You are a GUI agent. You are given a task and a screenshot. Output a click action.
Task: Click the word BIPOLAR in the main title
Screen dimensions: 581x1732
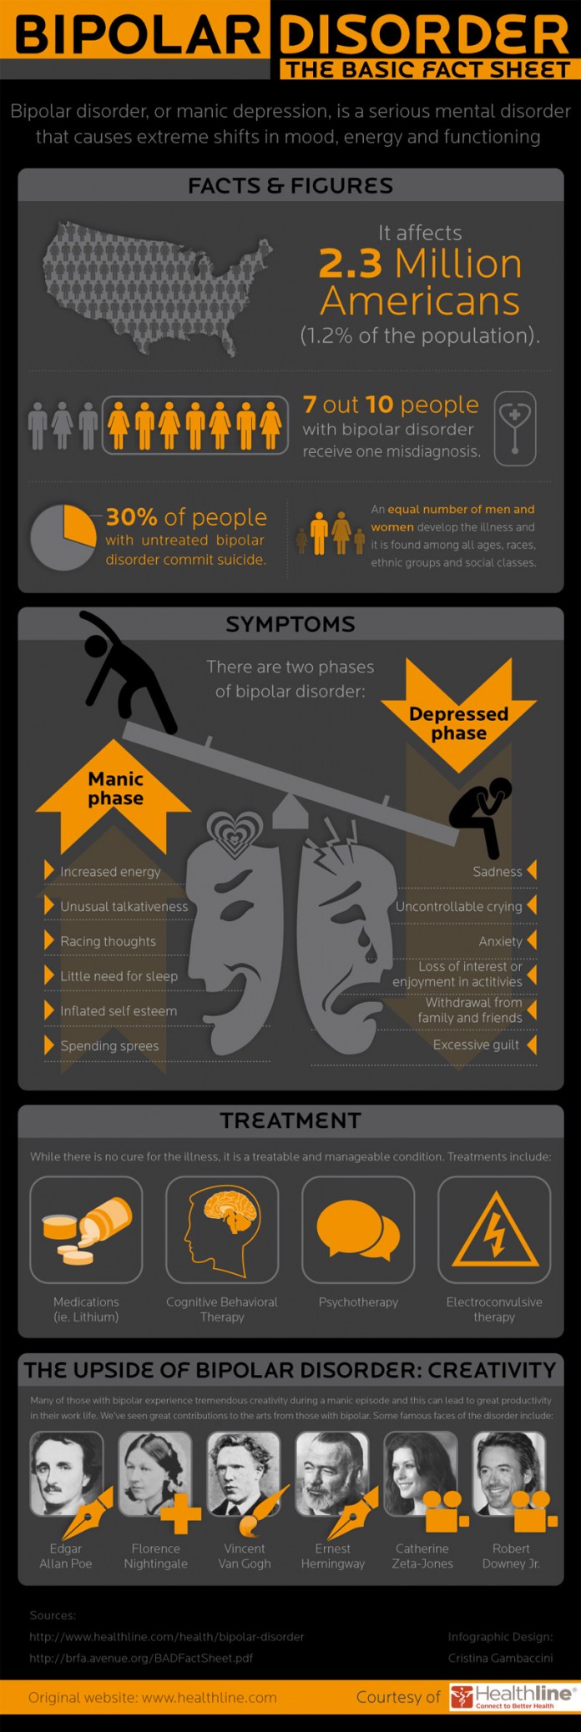coord(138,36)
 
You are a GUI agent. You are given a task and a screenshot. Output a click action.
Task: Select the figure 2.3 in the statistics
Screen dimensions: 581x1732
coord(350,264)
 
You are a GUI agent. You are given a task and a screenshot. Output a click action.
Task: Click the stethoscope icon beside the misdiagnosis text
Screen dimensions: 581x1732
coord(514,428)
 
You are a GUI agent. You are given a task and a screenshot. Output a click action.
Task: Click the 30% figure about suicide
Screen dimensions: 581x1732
coord(131,517)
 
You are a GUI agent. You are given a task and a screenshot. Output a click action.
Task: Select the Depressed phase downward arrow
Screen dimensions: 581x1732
coord(458,714)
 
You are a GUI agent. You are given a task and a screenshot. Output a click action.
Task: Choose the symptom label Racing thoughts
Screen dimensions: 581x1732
coord(108,941)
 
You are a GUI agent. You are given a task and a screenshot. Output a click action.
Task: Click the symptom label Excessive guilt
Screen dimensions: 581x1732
coord(476,1045)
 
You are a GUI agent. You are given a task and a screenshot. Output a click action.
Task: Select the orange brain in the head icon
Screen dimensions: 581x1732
coord(232,1213)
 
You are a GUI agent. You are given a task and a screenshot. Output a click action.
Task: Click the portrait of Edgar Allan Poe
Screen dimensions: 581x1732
coord(66,1473)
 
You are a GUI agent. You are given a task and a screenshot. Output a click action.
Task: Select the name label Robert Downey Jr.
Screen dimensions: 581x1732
coord(511,1556)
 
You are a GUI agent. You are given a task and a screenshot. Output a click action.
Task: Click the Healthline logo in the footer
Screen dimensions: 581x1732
coord(513,1697)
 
